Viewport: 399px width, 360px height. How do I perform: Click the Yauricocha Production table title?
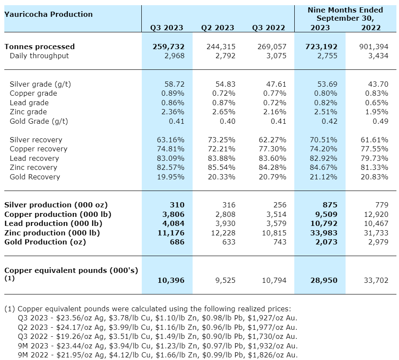click(x=48, y=14)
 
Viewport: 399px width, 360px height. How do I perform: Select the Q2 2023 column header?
click(x=218, y=28)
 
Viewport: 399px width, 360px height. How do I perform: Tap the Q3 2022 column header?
click(x=268, y=28)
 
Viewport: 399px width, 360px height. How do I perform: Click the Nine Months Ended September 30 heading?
click(x=345, y=14)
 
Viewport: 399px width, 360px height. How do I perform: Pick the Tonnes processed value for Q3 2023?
click(x=168, y=47)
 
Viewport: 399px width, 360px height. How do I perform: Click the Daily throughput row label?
click(x=39, y=56)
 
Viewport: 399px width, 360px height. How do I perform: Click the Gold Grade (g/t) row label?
click(x=39, y=121)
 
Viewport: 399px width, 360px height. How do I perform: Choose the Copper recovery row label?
click(x=38, y=149)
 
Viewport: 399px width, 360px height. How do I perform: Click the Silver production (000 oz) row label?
click(x=56, y=205)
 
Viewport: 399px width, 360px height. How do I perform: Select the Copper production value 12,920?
click(x=376, y=214)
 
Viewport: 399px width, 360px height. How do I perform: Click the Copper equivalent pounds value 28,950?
click(x=324, y=280)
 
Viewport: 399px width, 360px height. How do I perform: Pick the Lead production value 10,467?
click(x=376, y=223)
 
